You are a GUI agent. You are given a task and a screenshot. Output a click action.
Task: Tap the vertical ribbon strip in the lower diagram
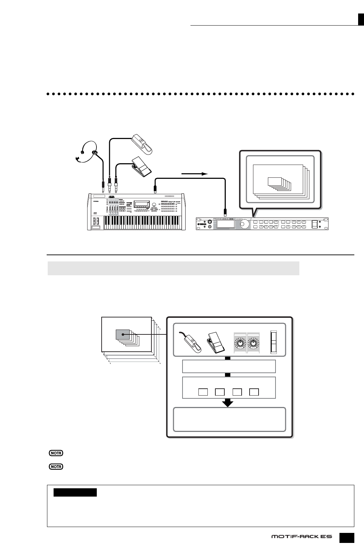(274, 342)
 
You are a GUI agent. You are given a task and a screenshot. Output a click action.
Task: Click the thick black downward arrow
(228, 403)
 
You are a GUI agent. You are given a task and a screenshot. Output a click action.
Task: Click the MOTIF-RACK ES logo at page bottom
(301, 536)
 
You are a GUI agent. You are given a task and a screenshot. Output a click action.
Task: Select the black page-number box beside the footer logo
(346, 536)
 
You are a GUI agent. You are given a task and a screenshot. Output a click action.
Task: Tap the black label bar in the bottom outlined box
(75, 492)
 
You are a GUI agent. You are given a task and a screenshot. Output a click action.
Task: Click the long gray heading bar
(173, 268)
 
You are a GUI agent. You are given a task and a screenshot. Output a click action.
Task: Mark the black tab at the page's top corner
(361, 20)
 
